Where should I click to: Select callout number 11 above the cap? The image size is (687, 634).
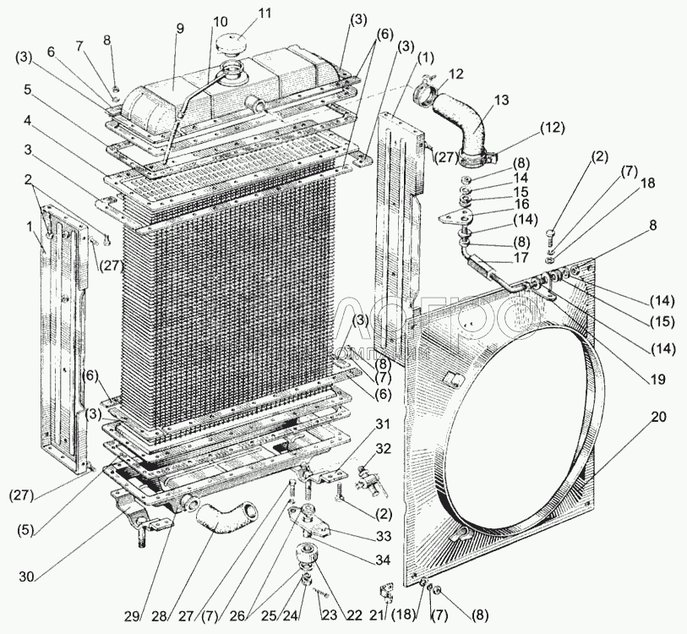[242, 14]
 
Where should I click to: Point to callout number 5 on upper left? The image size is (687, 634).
[29, 90]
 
